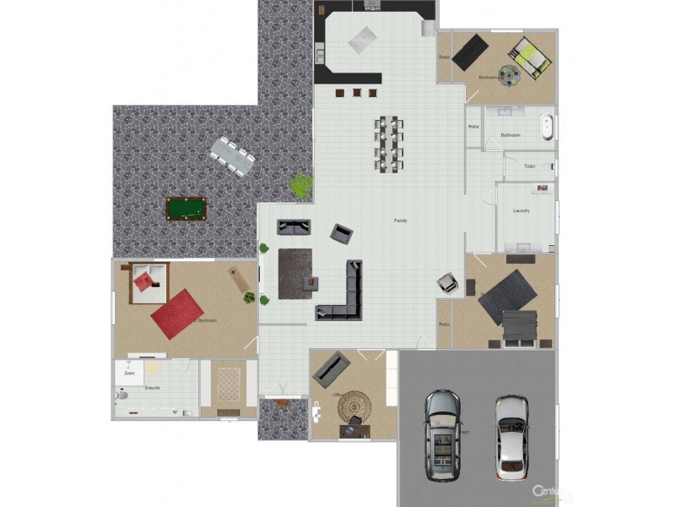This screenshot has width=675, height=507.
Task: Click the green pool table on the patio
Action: [x=186, y=209]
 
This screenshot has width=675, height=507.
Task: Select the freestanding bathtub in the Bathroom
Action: [x=548, y=126]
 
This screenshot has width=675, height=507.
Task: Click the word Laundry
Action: [x=521, y=210]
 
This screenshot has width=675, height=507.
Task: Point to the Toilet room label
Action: [x=529, y=166]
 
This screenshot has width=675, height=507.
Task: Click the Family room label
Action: [x=401, y=221]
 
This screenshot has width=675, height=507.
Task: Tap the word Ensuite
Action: [x=153, y=388]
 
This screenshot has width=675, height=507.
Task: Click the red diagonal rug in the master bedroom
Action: [x=177, y=313]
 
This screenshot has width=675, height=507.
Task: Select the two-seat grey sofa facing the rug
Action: [x=294, y=227]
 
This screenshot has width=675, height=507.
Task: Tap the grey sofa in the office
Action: [x=331, y=368]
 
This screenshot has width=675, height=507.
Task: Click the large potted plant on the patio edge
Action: [x=300, y=184]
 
